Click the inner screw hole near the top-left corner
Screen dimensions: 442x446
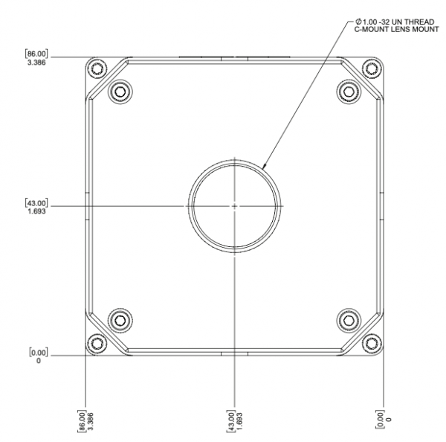click(120, 91)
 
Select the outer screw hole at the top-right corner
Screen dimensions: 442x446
click(371, 68)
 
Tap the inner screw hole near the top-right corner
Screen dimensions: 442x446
click(348, 91)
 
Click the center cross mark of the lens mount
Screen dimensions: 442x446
click(234, 205)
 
